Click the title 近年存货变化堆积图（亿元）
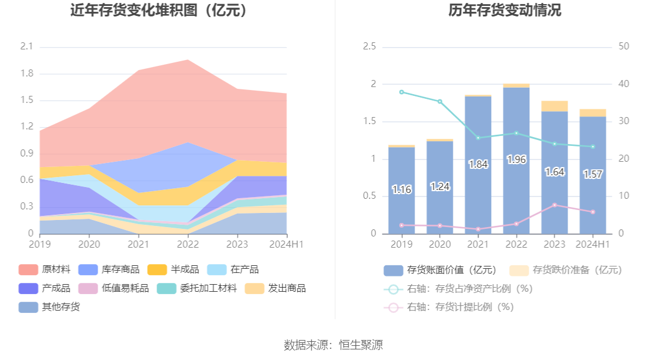(158, 10)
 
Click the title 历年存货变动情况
(505, 10)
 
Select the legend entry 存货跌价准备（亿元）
(566, 270)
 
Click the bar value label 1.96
(516, 159)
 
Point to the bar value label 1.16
(401, 189)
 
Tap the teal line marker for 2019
(401, 92)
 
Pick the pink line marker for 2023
(554, 205)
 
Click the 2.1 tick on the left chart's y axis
(26, 46)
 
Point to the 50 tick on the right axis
(624, 46)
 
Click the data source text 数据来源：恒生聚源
(333, 345)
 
